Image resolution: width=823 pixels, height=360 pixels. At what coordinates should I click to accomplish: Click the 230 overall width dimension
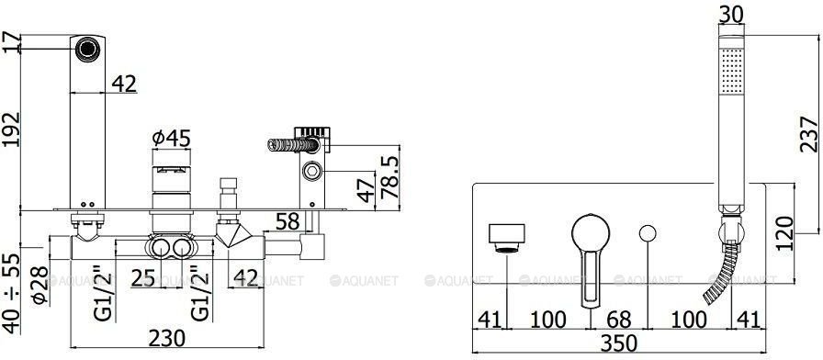(166, 339)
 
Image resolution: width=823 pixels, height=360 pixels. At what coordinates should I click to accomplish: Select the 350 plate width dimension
(618, 343)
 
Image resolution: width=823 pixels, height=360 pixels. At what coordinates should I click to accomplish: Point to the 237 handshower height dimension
(809, 134)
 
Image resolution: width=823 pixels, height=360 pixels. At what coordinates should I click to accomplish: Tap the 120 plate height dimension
(784, 233)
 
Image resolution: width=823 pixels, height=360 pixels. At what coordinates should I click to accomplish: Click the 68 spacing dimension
(618, 320)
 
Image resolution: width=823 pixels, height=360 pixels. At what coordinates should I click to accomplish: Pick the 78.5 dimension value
(389, 176)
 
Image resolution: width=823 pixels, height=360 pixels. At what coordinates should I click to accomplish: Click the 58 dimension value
(287, 221)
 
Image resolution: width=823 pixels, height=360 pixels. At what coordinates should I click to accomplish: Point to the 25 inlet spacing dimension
(143, 278)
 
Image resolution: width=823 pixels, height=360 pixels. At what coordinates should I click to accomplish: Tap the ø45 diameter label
(171, 139)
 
